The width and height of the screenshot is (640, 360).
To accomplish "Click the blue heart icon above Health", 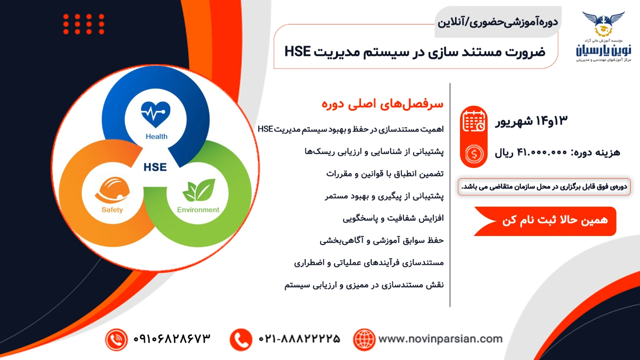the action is coord(156,114).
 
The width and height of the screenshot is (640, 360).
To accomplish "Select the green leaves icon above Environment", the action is coord(199,190).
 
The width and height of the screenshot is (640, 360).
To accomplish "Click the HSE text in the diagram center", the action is coord(155,167).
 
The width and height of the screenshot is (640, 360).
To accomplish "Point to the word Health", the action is coord(156,136).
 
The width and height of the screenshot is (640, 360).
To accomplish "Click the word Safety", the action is coord(112,210).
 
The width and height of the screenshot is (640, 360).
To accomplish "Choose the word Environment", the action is coord(198,210).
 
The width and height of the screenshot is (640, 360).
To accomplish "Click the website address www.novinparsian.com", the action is coord(440,339).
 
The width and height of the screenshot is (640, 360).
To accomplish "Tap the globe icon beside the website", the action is coord(364,340).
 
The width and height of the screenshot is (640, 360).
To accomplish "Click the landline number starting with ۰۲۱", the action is coord(300,339).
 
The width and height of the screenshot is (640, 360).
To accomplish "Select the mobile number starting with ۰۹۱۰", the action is coord(172,339).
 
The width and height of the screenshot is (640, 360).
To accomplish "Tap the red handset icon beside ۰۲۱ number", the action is coord(241,340).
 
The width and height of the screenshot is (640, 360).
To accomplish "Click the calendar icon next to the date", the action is coord(474,121).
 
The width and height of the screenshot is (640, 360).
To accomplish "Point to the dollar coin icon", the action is coord(474,154).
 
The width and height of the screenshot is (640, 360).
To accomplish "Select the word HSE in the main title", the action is coord(297,52).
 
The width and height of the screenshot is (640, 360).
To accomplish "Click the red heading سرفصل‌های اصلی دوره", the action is coord(383,104).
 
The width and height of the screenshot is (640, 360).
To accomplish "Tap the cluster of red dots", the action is coord(84,24).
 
